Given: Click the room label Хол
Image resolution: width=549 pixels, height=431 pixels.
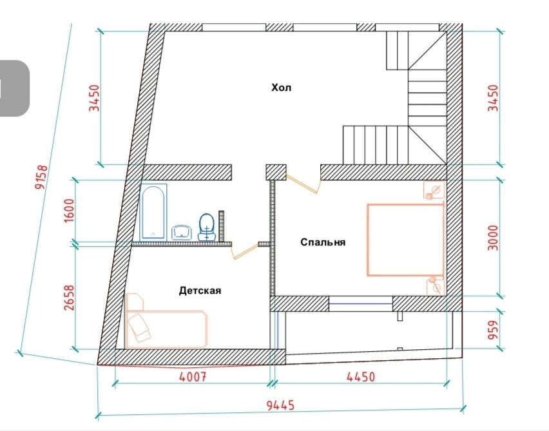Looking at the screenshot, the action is point(281,88).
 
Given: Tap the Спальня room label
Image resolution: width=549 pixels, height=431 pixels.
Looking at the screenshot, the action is point(323,242).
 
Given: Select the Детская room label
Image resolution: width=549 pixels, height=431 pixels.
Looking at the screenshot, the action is point(200,291).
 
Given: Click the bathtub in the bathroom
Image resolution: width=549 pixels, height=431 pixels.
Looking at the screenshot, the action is point(153,212).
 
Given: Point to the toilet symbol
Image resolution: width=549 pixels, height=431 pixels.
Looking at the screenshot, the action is point(207,227).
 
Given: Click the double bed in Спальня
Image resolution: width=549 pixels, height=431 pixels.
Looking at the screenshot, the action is point(405,240).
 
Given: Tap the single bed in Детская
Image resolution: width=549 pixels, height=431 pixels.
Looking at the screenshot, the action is point(165,322).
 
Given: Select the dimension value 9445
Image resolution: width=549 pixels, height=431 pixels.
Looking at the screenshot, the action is point(280,405).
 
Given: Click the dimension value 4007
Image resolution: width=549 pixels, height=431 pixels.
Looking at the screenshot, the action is point(193,377).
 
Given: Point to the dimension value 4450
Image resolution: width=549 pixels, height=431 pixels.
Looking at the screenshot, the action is point(361,377).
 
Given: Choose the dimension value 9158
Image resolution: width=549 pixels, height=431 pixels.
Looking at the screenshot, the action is point(41,177).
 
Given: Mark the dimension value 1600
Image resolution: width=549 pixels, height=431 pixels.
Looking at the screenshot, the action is point(70,210).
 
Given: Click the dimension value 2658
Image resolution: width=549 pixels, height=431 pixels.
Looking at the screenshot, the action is point(70,298).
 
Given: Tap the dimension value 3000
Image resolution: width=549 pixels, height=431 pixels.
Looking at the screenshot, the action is point(493,238).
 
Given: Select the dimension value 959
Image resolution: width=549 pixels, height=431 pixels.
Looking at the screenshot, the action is point(493,330).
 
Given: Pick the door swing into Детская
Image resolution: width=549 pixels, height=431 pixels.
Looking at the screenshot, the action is point(245,251).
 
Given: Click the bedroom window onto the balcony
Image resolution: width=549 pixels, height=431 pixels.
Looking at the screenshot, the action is point(361,303).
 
